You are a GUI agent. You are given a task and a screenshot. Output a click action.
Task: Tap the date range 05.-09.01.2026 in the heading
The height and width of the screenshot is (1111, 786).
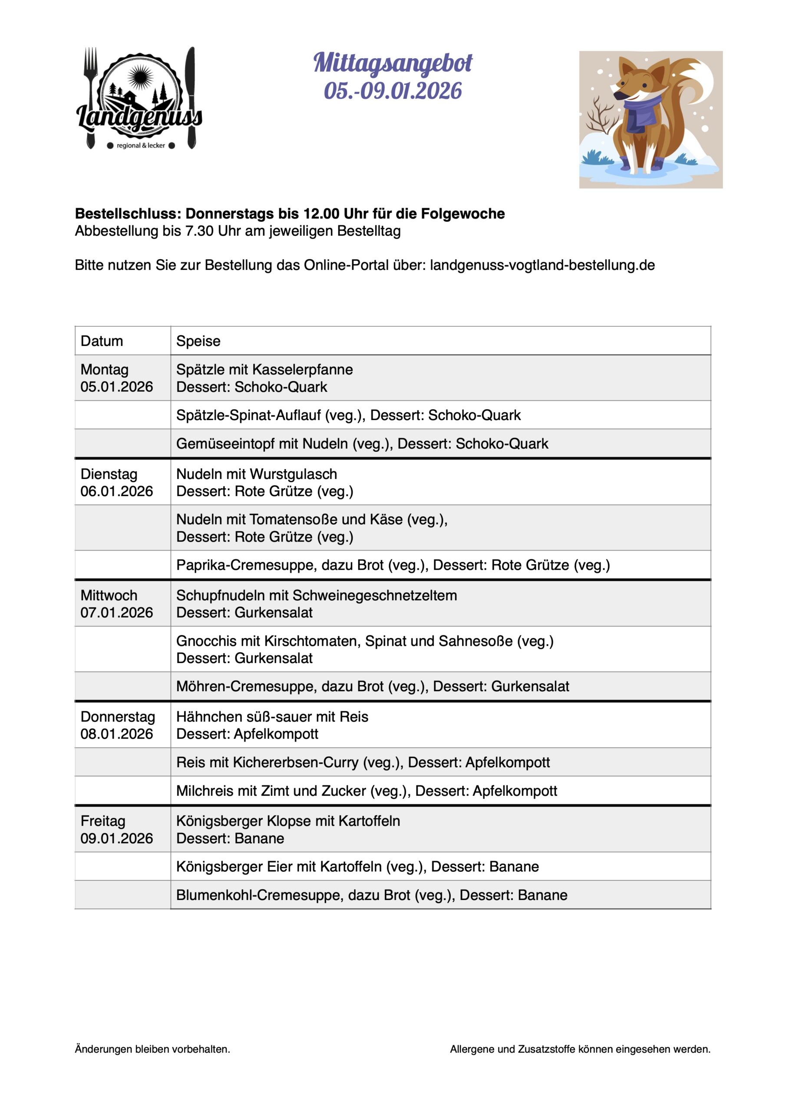(393, 91)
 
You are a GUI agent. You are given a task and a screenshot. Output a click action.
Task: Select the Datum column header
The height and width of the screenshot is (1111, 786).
(102, 341)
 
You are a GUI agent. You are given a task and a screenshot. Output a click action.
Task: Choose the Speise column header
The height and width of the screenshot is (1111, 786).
(198, 341)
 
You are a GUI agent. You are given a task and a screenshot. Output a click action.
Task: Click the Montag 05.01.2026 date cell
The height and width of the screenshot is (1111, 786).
(117, 378)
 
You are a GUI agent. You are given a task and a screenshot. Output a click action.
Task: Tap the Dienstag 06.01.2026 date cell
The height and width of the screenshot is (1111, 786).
(117, 483)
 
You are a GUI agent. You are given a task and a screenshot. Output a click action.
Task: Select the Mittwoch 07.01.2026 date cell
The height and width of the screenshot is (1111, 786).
(117, 604)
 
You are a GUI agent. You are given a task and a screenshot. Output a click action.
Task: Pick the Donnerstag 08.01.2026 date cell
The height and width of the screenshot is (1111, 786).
(117, 725)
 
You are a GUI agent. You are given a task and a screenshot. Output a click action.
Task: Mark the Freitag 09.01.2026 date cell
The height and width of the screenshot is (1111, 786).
(117, 829)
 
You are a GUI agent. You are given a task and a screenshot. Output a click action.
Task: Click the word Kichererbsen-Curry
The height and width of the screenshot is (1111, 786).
(295, 762)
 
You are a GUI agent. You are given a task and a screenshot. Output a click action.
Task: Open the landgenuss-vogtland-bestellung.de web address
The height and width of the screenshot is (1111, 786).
(542, 265)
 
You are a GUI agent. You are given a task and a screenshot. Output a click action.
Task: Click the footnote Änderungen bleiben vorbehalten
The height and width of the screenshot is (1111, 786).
(152, 1049)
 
